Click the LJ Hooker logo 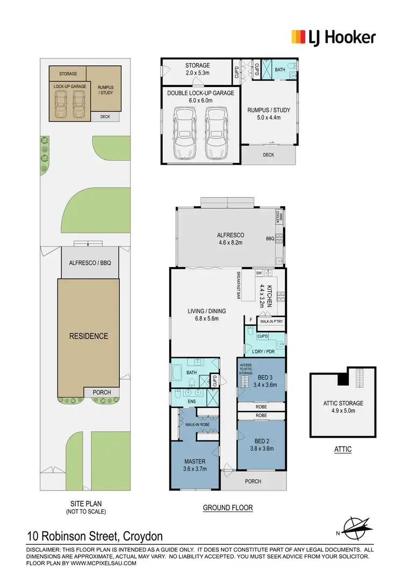333,37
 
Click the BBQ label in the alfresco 270,238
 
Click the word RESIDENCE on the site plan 89,336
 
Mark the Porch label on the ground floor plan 253,481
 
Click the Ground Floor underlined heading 227,508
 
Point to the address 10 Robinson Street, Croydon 95,536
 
